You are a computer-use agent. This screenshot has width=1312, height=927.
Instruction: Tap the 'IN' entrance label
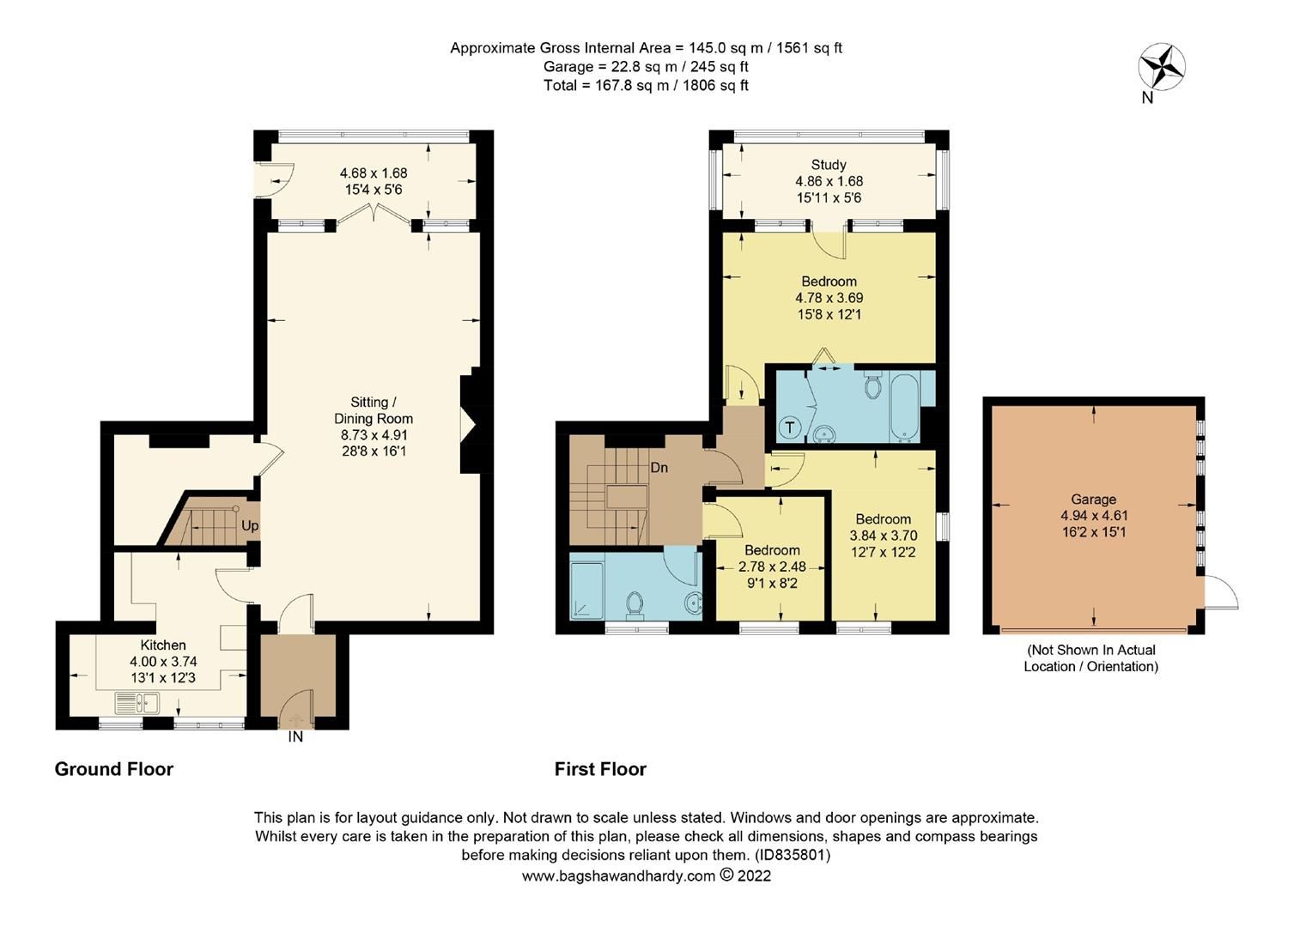click(295, 736)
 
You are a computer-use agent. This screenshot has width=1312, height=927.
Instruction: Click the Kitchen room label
click(163, 645)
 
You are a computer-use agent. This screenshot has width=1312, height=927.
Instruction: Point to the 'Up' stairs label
click(250, 525)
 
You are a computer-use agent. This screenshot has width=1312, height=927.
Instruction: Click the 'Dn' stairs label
click(659, 468)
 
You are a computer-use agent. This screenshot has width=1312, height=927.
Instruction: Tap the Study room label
click(829, 165)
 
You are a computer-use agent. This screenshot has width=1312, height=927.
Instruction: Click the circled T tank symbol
click(789, 427)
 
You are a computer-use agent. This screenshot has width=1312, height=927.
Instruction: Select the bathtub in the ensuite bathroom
click(904, 405)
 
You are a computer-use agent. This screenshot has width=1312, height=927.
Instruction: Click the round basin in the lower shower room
click(691, 605)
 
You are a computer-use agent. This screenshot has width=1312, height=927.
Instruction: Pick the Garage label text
click(1093, 500)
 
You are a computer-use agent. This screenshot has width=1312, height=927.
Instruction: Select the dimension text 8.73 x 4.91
click(374, 435)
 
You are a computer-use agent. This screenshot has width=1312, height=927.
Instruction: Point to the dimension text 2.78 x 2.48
click(772, 566)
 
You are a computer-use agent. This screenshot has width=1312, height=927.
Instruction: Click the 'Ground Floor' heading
click(114, 769)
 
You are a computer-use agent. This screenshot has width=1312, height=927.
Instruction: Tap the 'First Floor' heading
click(600, 769)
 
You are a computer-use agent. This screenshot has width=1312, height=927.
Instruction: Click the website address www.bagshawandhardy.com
click(618, 875)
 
